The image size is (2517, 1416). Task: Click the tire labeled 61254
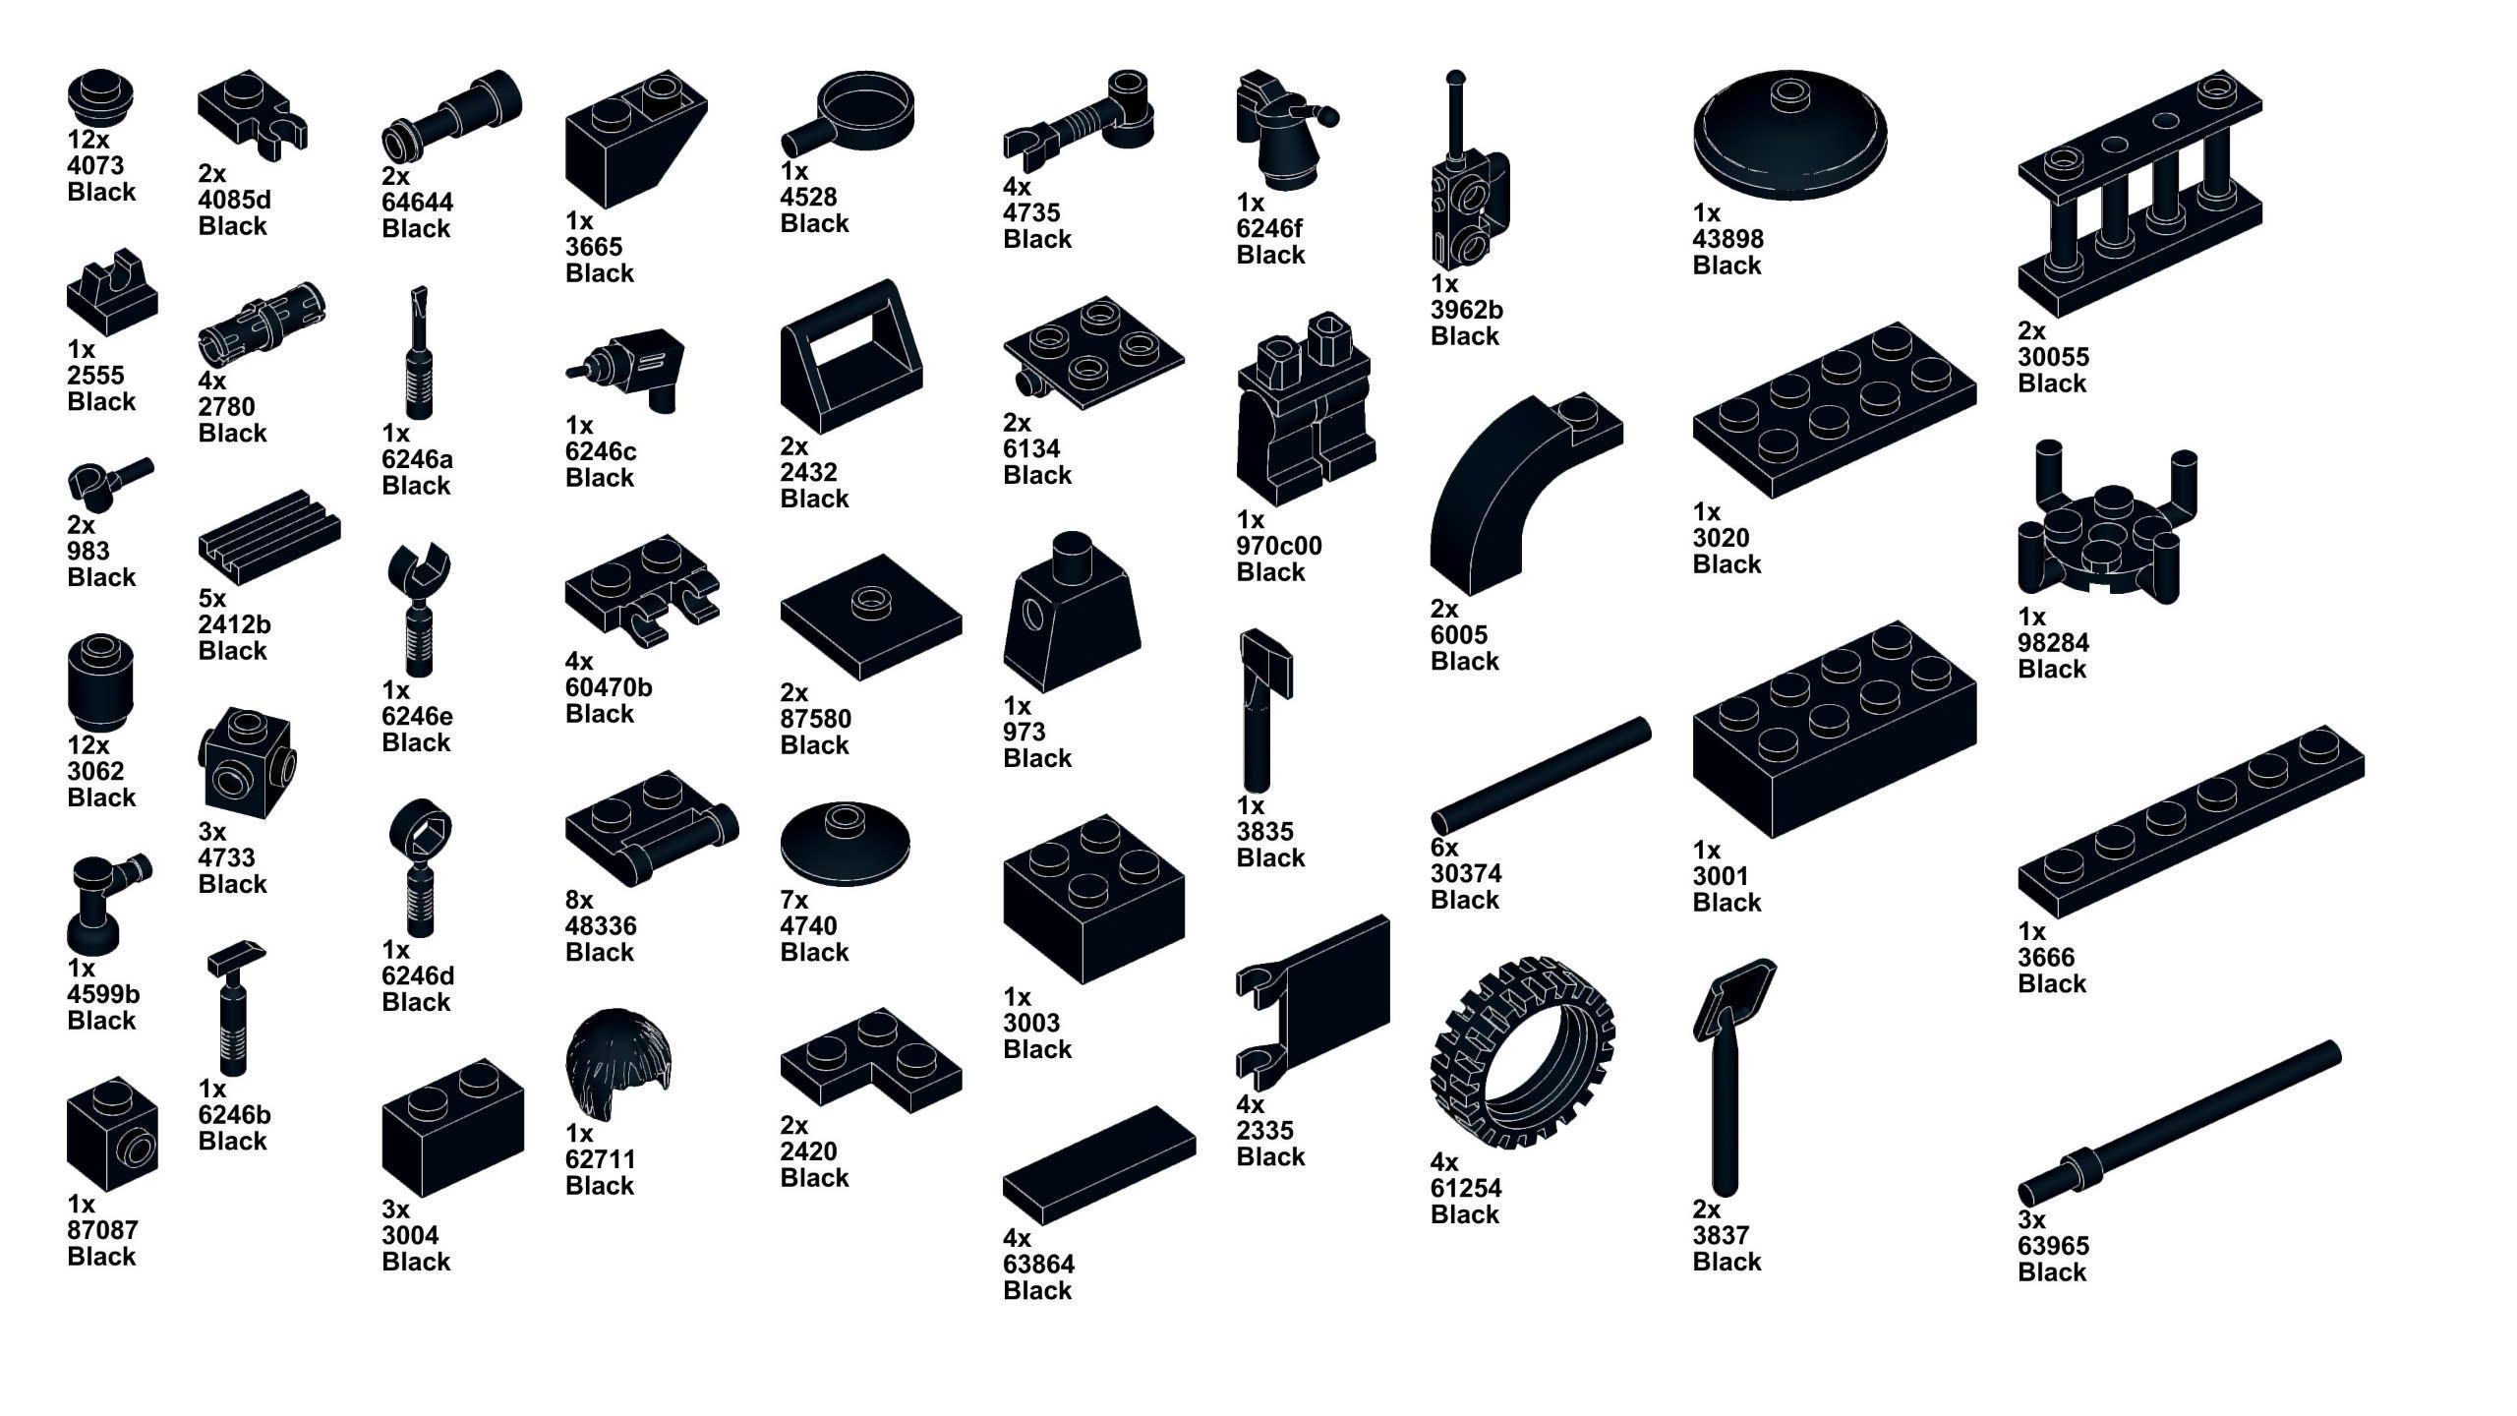[1522, 1052]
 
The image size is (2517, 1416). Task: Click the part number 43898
[1727, 239]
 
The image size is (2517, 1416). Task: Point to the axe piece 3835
[1263, 708]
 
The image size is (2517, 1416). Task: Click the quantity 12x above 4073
[88, 140]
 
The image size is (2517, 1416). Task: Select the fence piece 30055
[2139, 192]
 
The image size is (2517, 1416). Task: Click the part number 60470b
[608, 687]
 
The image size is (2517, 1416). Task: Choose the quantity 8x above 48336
[579, 900]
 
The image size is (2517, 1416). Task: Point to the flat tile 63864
[1098, 1165]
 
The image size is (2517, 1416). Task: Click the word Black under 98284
[2051, 669]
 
